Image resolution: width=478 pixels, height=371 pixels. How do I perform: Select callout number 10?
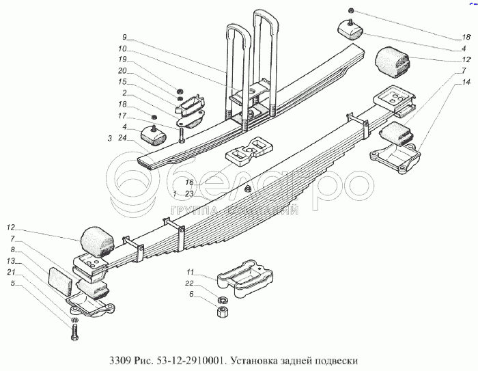click(124, 49)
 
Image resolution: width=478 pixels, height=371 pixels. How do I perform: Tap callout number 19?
click(123, 59)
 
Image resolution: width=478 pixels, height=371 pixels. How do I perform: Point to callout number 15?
click(123, 82)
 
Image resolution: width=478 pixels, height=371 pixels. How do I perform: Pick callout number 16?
click(189, 182)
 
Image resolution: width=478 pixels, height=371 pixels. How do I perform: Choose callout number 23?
click(189, 193)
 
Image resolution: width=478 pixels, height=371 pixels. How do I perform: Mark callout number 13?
click(11, 261)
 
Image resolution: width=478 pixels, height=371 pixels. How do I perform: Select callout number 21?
click(11, 272)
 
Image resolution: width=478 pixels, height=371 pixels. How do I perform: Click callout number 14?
click(466, 83)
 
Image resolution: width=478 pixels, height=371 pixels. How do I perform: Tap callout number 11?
click(191, 273)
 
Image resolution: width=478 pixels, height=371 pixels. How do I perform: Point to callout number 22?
click(191, 284)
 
